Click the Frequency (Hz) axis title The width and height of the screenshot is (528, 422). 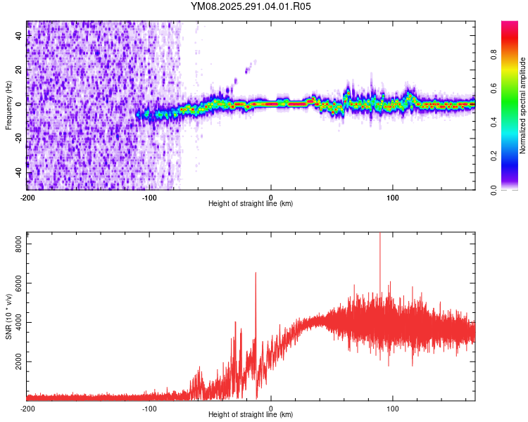click(x=8, y=105)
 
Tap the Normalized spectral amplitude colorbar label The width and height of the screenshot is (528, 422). click(x=522, y=105)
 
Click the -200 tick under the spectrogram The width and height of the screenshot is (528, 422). click(x=27, y=196)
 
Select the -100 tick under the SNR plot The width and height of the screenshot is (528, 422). click(x=149, y=408)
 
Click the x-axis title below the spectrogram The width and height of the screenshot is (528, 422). click(x=251, y=203)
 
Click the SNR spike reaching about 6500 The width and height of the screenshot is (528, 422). click(x=256, y=274)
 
